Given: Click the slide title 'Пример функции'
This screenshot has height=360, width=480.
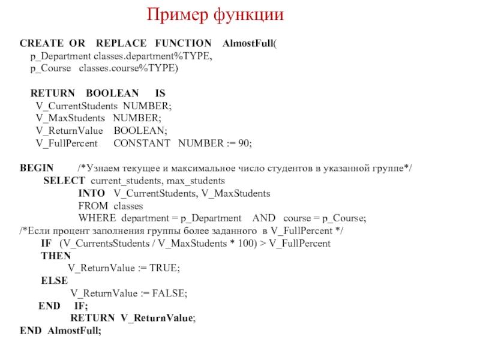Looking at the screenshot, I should [x=215, y=14].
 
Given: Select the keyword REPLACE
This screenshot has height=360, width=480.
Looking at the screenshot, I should [x=121, y=44].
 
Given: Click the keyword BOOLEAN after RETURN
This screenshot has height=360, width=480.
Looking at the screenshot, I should [x=112, y=94].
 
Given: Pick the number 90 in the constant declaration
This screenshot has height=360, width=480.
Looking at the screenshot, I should [x=244, y=144].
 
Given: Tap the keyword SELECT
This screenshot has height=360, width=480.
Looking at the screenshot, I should [x=64, y=181].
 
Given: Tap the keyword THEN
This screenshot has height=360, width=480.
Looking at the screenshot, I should [x=55, y=256].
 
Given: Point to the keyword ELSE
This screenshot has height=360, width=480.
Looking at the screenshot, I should [x=54, y=281].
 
